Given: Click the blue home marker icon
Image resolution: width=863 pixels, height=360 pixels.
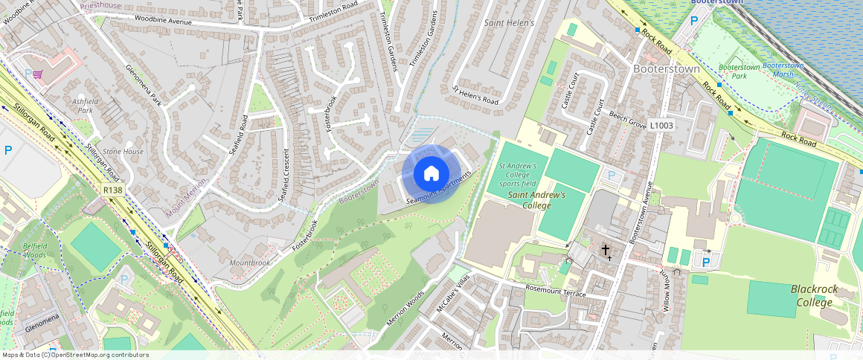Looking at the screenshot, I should (x=431, y=174).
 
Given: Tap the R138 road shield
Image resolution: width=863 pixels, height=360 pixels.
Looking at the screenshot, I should (x=113, y=191).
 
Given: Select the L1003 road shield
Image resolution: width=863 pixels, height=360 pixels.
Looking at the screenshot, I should (x=661, y=126).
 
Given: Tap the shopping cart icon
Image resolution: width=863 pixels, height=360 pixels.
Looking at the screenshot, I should (x=37, y=74).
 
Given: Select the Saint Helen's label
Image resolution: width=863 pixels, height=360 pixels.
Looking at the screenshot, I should (x=510, y=24).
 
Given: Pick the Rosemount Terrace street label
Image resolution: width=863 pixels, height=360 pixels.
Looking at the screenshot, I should (x=555, y=294).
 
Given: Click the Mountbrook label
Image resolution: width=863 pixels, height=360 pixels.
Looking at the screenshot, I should (x=249, y=263).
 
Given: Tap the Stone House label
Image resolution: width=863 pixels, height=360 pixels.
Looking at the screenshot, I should (x=123, y=152).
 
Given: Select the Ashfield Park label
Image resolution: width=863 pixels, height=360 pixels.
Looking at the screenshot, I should (x=83, y=106).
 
